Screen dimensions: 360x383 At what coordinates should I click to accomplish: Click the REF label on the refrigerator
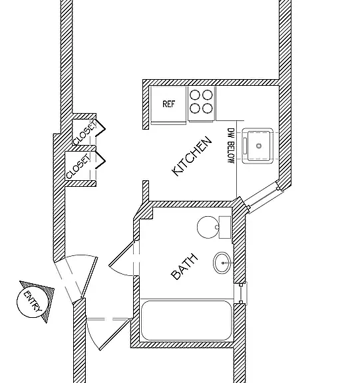(169, 104)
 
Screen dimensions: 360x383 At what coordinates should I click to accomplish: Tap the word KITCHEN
(192, 156)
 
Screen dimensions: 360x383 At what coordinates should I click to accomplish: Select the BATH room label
(184, 267)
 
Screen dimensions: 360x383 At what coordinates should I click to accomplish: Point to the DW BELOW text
(231, 146)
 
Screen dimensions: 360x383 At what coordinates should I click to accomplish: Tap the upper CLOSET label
(85, 133)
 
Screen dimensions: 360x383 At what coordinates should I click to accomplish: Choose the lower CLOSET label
(79, 167)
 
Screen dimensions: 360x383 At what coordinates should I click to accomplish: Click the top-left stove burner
(195, 95)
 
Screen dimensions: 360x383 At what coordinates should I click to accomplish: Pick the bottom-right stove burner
(207, 108)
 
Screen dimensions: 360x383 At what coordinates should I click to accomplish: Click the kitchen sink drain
(259, 146)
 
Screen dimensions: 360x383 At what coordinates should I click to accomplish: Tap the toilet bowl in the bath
(208, 227)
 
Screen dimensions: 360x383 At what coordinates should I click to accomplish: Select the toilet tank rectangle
(225, 227)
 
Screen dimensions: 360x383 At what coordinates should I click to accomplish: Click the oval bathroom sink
(222, 263)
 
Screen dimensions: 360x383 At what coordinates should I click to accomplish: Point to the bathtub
(186, 320)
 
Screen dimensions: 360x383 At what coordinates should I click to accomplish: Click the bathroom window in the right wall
(241, 293)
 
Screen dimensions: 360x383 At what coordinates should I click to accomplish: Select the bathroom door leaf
(122, 253)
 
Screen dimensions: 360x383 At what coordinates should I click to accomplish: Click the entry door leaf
(89, 277)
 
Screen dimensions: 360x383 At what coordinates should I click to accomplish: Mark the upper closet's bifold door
(100, 128)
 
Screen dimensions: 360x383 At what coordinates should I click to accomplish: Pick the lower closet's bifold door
(100, 160)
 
